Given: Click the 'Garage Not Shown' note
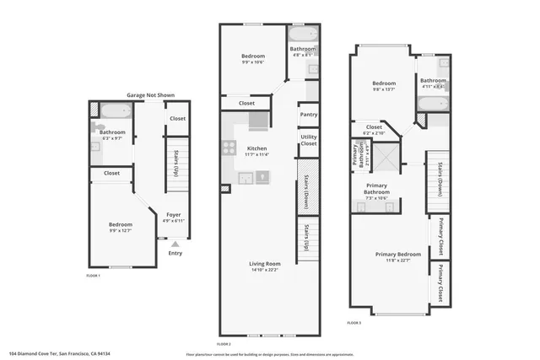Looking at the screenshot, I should point(150,95).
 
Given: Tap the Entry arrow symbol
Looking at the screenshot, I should point(175,244).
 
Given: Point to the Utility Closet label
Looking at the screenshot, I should point(309,140).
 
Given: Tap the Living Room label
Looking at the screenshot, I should point(264,265).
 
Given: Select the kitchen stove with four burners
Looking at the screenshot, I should point(228,147).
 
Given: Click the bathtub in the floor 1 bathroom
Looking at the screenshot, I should point(111,109).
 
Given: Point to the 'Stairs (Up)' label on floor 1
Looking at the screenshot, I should point(175,162).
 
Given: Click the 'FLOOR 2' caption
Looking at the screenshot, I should point(224,344).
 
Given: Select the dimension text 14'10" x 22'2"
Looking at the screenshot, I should point(264,271).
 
